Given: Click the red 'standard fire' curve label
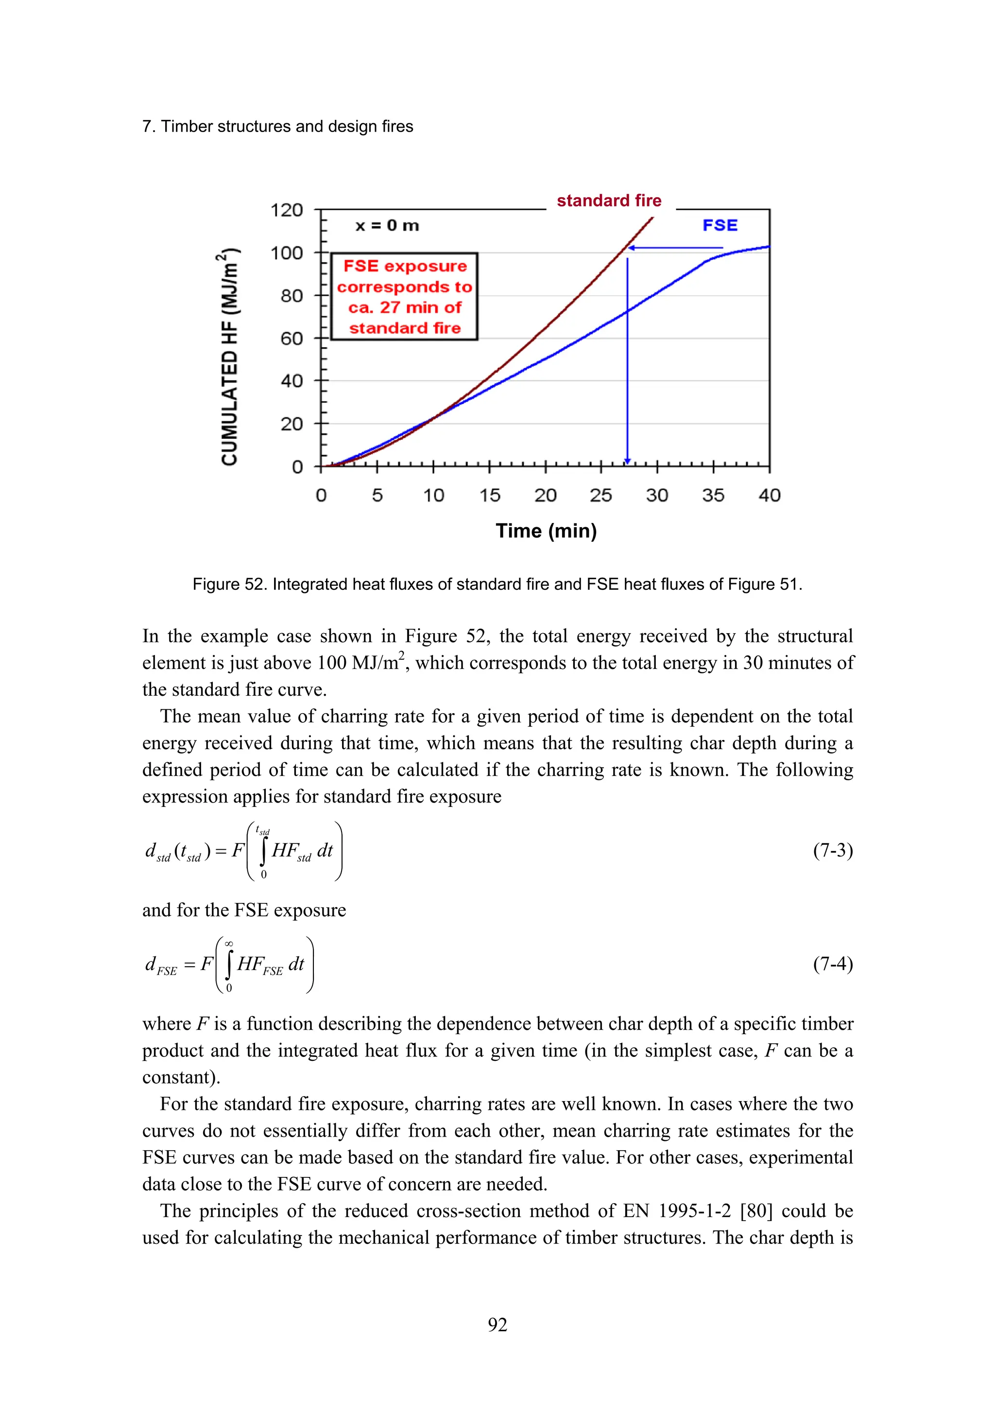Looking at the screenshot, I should pyautogui.click(x=608, y=201).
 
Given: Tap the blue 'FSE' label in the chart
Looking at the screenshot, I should pyautogui.click(x=720, y=225).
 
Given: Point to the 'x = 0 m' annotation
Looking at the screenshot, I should pyautogui.click(x=387, y=225).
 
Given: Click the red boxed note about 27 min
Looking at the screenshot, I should pyautogui.click(x=405, y=297).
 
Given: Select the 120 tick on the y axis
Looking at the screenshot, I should pyautogui.click(x=287, y=210).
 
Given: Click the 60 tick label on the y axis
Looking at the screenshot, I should pyautogui.click(x=292, y=338).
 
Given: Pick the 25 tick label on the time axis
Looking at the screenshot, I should pyautogui.click(x=601, y=495).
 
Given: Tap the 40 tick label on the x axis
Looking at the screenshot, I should pyautogui.click(x=770, y=495).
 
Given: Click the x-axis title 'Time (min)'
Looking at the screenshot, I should pyautogui.click(x=546, y=531).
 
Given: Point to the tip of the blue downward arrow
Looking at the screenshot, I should pyautogui.click(x=627, y=463).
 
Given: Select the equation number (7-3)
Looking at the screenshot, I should pyautogui.click(x=833, y=851).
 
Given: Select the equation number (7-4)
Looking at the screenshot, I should pyautogui.click(x=833, y=964).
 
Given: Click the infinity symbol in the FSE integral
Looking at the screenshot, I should pyautogui.click(x=229, y=944).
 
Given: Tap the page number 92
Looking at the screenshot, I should pyautogui.click(x=497, y=1325).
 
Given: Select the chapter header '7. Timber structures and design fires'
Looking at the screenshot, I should pyautogui.click(x=278, y=126).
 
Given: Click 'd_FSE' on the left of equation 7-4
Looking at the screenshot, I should pyautogui.click(x=161, y=966).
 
